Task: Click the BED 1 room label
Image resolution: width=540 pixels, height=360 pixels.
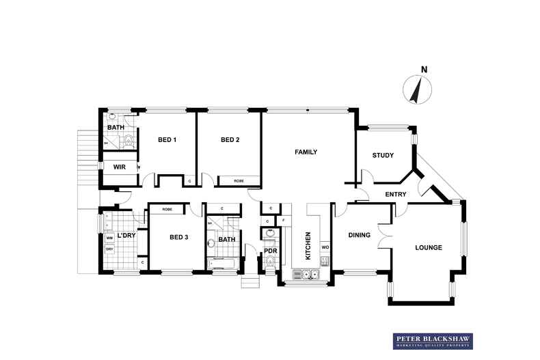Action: pyautogui.click(x=167, y=140)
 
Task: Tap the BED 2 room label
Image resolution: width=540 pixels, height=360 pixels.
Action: pyautogui.click(x=230, y=140)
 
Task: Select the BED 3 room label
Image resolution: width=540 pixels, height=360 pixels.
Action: pyautogui.click(x=178, y=237)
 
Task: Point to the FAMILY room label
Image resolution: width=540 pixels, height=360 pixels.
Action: pyautogui.click(x=306, y=152)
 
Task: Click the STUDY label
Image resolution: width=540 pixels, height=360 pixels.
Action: pyautogui.click(x=383, y=155)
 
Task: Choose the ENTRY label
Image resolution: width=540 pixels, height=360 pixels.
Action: pyautogui.click(x=396, y=195)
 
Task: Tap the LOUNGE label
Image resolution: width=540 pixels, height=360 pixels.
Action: pyautogui.click(x=429, y=247)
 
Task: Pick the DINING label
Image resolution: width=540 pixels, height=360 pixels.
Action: pyautogui.click(x=359, y=235)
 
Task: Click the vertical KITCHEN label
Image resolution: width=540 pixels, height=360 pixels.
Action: pyautogui.click(x=308, y=245)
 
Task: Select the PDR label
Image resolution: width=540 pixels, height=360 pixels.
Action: pyautogui.click(x=270, y=251)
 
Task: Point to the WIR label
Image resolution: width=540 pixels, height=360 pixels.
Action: pyautogui.click(x=119, y=167)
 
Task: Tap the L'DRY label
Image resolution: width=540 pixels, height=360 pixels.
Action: pyautogui.click(x=126, y=236)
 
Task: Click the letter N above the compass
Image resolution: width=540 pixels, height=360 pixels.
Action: pyautogui.click(x=424, y=69)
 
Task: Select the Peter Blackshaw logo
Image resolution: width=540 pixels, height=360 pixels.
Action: pyautogui.click(x=433, y=341)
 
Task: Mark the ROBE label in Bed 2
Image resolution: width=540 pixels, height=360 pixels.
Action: pyautogui.click(x=239, y=181)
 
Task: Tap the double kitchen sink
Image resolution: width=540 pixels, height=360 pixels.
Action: pyautogui.click(x=306, y=275)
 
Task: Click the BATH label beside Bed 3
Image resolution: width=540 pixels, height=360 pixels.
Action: pyautogui.click(x=227, y=239)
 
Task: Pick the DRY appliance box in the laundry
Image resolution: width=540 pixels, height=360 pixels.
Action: pyautogui.click(x=109, y=250)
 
